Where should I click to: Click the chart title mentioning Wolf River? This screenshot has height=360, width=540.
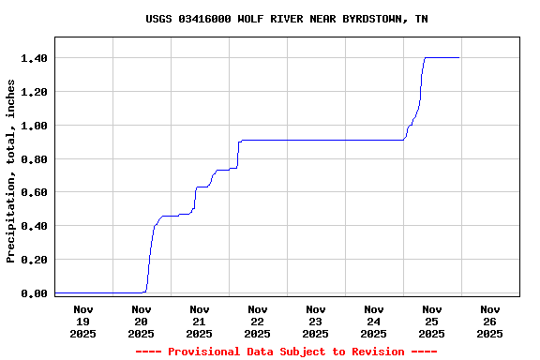tap(287, 19)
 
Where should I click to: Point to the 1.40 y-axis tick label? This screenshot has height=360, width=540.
tap(34, 58)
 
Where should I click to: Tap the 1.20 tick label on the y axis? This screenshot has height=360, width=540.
tap(34, 92)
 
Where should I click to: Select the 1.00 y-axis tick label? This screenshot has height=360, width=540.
tap(34, 126)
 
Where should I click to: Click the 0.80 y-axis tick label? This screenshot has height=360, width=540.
tap(34, 159)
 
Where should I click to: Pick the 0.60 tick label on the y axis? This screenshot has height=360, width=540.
tap(34, 192)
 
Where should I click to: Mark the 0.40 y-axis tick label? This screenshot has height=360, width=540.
tap(34, 226)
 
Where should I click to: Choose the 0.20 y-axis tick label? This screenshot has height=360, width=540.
tap(34, 260)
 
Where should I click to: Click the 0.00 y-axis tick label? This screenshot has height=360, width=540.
tap(34, 293)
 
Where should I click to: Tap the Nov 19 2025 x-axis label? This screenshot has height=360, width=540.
tap(83, 321)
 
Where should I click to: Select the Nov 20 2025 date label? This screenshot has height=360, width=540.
tap(142, 321)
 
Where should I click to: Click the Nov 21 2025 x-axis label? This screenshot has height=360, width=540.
tap(200, 321)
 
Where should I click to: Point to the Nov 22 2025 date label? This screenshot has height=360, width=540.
tap(258, 321)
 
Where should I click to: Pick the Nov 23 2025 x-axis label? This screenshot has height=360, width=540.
tap(316, 321)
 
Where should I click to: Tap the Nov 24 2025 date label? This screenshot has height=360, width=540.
tap(374, 321)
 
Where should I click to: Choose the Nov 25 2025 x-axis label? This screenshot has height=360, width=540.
tap(432, 321)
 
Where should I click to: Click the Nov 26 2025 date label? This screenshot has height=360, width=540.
tap(490, 321)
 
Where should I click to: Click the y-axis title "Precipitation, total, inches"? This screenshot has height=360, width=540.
tap(11, 171)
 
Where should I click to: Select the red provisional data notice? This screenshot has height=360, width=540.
tap(287, 352)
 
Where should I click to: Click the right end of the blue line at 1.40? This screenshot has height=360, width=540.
tap(458, 58)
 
